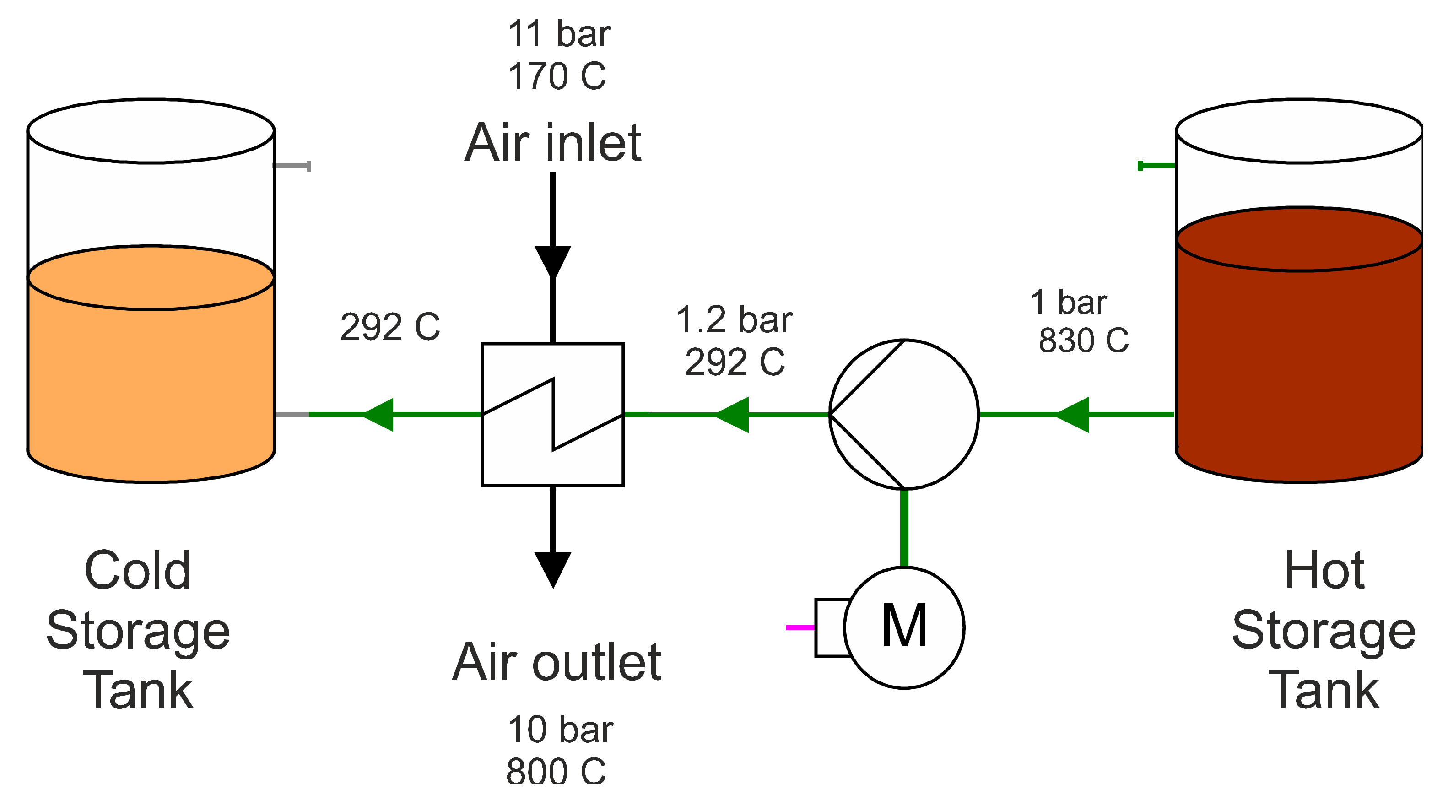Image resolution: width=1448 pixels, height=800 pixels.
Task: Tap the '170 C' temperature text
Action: (557, 76)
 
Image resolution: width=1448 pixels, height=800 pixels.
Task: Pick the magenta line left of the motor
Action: (800, 627)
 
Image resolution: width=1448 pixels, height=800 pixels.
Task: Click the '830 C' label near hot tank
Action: (1083, 340)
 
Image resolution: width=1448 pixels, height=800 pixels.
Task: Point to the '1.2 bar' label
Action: (734, 320)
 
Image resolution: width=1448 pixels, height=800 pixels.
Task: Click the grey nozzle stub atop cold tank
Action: (292, 166)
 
